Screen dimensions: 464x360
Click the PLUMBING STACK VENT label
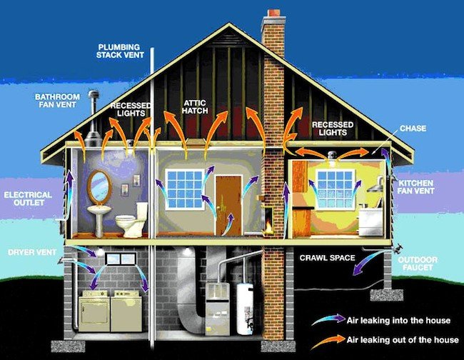click(x=120, y=51)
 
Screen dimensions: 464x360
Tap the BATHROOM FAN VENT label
click(x=57, y=101)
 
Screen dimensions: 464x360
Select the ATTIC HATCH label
click(x=195, y=107)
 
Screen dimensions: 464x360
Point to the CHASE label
click(x=413, y=129)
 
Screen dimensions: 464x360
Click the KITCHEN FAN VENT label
click(x=415, y=187)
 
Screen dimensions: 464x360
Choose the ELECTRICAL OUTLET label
click(x=28, y=199)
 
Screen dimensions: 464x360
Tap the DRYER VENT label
click(x=32, y=253)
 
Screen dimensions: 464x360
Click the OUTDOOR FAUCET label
click(x=418, y=264)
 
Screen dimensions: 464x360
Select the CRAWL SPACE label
click(x=327, y=258)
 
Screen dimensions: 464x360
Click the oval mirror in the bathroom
click(x=99, y=187)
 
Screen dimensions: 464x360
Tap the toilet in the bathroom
click(x=131, y=219)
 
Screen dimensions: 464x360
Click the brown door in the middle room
click(x=228, y=206)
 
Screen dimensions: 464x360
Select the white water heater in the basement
click(x=245, y=308)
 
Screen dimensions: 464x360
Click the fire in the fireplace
click(x=268, y=226)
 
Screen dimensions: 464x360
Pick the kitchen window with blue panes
click(x=335, y=189)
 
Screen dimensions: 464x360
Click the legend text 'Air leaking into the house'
click(x=398, y=320)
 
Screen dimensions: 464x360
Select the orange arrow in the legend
click(x=328, y=342)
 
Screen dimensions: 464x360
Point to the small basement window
click(x=121, y=259)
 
